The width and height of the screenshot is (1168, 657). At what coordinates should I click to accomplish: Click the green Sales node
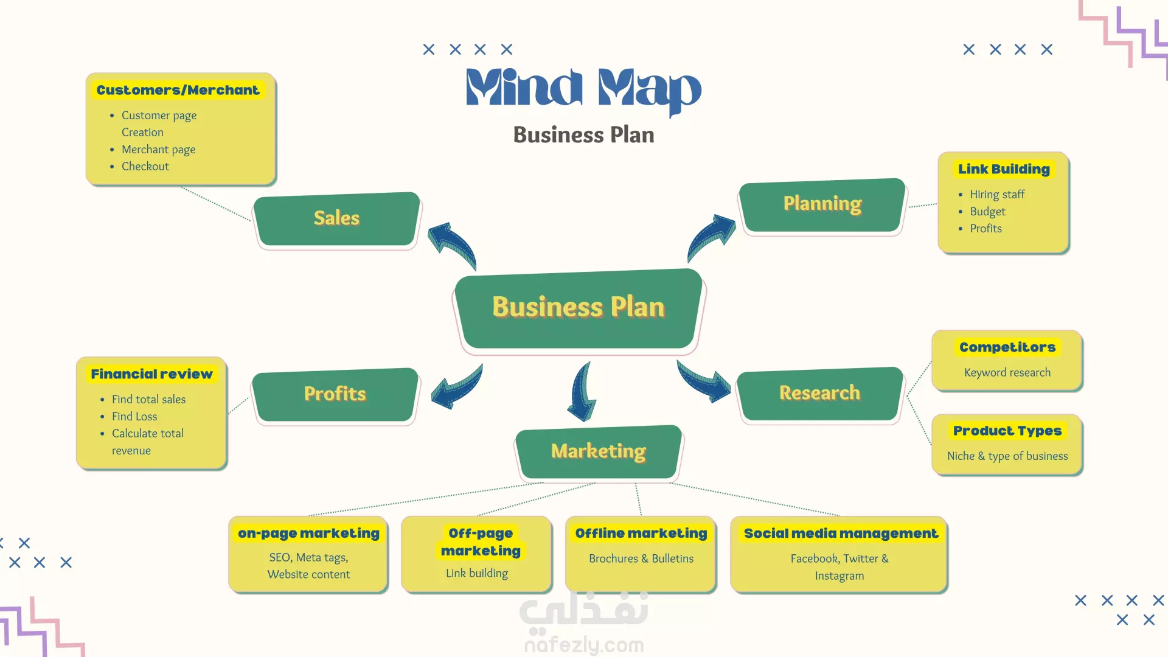337,219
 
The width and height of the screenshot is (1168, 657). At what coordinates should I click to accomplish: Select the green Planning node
822,205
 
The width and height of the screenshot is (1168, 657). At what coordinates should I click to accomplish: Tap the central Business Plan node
579,308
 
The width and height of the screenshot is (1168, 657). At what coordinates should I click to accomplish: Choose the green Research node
820,394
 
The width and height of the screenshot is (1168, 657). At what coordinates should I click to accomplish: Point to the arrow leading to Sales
453,245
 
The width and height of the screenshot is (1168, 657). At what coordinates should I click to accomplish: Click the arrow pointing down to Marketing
582,392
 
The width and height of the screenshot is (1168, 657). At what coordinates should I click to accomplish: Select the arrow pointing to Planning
711,237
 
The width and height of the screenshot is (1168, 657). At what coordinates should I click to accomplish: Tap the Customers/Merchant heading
178,90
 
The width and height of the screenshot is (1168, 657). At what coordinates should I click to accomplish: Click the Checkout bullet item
145,166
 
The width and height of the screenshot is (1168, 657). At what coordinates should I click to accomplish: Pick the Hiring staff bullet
997,194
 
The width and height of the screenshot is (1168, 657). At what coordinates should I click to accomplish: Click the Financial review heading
151,374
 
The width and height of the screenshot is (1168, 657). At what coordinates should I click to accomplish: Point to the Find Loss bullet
134,416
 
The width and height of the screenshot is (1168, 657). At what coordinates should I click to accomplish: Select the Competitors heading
1007,347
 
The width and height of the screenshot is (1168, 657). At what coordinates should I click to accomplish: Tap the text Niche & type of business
1007,456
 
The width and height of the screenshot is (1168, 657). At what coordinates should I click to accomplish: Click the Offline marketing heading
641,534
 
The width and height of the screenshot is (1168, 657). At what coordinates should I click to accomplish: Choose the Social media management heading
841,534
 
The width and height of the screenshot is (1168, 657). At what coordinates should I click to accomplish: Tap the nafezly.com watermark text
584,645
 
